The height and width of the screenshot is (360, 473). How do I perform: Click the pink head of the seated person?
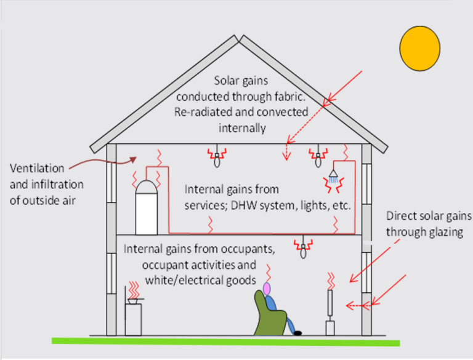click(x=267, y=287)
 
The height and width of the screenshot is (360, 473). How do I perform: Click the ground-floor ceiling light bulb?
click(x=302, y=250)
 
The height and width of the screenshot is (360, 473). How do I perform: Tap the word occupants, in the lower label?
click(x=244, y=250)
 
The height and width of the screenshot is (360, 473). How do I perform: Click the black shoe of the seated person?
click(x=298, y=333)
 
